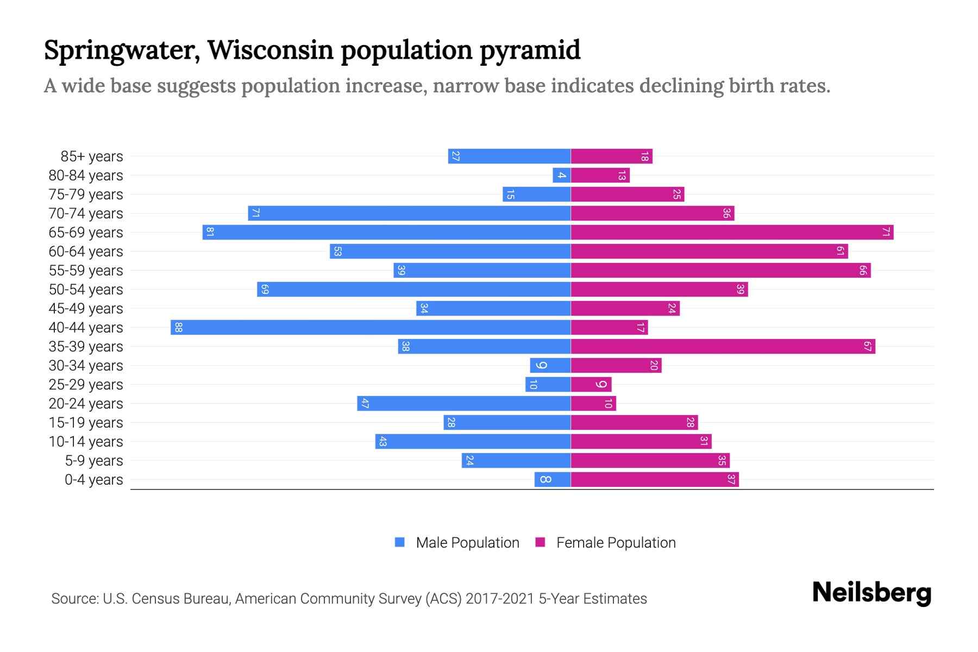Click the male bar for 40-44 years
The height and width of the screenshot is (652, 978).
pos(371,327)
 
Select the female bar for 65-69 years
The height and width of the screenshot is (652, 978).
pos(732,233)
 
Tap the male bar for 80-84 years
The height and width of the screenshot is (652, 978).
pos(561,175)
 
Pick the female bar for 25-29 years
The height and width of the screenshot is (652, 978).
pos(591,385)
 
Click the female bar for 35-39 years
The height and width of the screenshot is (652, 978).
pos(723,346)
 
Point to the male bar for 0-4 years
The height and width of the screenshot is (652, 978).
pos(552,479)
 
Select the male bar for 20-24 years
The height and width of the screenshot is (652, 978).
pos(463,403)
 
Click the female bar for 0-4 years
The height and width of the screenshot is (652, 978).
pos(655,479)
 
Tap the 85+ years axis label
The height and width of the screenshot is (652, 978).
pos(92,156)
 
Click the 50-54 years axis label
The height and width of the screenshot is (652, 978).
pos(86,290)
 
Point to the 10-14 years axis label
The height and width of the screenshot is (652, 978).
pos(86,442)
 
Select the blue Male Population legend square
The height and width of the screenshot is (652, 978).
pos(400,542)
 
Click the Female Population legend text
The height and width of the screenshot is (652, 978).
pos(616,543)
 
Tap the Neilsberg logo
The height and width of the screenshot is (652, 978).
pos(872,593)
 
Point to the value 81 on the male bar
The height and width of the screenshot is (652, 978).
pos(210,233)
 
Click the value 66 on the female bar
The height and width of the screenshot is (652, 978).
pos(862,271)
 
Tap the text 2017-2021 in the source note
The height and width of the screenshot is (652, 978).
pos(500,599)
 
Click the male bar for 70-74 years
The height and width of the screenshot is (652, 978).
pos(409,214)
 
